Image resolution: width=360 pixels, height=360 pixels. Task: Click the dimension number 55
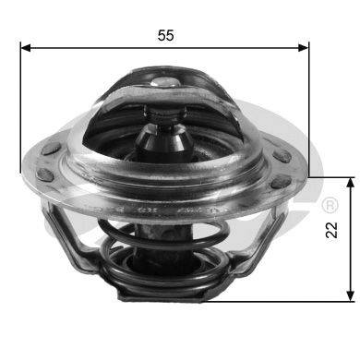coord(166,35)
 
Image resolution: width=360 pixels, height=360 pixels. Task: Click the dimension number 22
coord(331,230)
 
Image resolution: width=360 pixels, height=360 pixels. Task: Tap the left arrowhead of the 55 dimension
coord(26,48)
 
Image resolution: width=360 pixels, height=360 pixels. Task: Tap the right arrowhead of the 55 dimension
coord(303,48)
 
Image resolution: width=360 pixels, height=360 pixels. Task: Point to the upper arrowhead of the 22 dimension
coord(350,183)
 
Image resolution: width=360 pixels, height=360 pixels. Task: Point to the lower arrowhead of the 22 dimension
coord(350,295)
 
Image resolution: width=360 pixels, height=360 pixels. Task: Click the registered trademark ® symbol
coord(330,205)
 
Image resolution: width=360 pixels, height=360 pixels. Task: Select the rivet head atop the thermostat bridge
coord(164,82)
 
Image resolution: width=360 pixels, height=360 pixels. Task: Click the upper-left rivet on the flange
coord(51,149)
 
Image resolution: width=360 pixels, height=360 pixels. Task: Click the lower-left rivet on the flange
coord(45,174)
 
